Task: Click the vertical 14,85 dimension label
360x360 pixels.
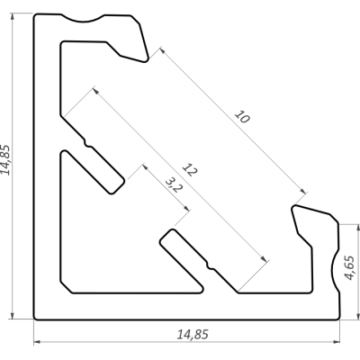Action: (5, 159)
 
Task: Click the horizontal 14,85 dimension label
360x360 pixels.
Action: (193, 334)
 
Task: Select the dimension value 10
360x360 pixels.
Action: (242, 117)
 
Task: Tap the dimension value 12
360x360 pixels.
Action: (190, 170)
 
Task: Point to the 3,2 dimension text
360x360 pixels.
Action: (174, 184)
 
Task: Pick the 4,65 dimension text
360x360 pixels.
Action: (350, 268)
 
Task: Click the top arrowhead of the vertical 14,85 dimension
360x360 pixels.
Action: (12, 17)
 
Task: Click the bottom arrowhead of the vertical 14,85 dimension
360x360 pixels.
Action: (12, 316)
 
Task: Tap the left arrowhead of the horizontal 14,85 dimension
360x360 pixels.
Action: (37, 342)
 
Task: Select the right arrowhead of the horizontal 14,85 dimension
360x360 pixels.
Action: (337, 342)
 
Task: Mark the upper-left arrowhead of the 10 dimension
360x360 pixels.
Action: (162, 50)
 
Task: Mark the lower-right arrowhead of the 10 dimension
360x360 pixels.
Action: (303, 191)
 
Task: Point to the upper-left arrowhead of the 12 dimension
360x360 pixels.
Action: (95, 90)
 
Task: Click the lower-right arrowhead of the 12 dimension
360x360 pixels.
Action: (264, 258)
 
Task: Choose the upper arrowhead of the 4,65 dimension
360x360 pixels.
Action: (358, 228)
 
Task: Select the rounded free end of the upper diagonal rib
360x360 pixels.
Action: (117, 186)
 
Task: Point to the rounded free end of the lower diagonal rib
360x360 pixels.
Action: (166, 237)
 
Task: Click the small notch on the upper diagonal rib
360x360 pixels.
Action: (87, 143)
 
